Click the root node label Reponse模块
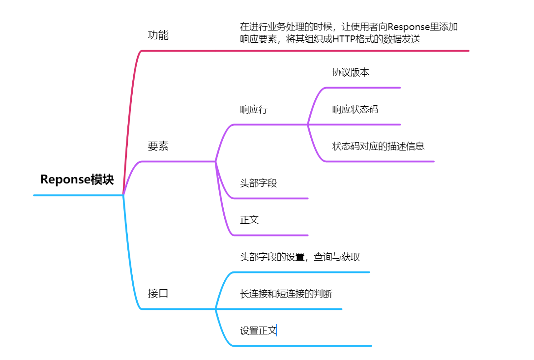pos(77,180)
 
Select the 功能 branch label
pos(158,35)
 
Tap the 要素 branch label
pos(158,146)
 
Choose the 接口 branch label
pos(158,294)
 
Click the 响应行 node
pos(254,109)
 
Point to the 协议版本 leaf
pos(351,72)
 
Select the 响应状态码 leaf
pos(355,109)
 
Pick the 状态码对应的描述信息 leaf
pos(378,146)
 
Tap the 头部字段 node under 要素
pos(258,183)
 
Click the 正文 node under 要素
pos(249,220)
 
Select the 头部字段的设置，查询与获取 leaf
pos(300,257)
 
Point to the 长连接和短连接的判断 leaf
pos(286,294)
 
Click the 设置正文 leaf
pos(258,330)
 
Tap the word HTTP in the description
pos(344,39)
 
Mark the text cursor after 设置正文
pos(277,330)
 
